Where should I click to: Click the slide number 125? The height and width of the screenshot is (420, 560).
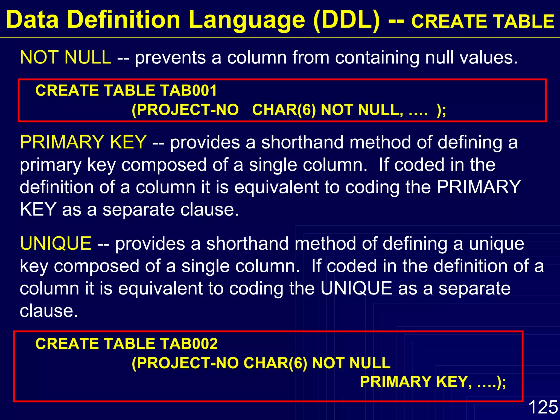pyautogui.click(x=543, y=407)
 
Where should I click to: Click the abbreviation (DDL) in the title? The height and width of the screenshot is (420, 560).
pyautogui.click(x=347, y=20)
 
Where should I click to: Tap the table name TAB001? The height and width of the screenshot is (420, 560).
pyautogui.click(x=189, y=91)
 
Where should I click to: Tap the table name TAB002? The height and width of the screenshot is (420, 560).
pyautogui.click(x=189, y=344)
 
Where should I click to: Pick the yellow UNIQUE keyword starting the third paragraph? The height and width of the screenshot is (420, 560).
pyautogui.click(x=56, y=243)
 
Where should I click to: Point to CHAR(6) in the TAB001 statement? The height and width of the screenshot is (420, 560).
pyautogui.click(x=284, y=110)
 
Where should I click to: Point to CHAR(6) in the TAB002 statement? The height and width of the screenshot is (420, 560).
pyautogui.click(x=275, y=363)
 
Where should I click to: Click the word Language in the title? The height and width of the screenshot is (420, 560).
pyautogui.click(x=247, y=20)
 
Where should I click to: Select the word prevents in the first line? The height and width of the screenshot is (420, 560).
pyautogui.click(x=170, y=58)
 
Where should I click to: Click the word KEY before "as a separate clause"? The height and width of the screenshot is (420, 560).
pyautogui.click(x=38, y=210)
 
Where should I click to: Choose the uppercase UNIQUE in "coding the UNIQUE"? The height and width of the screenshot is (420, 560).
pyautogui.click(x=356, y=288)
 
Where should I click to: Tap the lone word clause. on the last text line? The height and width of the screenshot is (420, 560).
pyautogui.click(x=49, y=311)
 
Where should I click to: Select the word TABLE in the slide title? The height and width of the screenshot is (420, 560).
pyautogui.click(x=525, y=22)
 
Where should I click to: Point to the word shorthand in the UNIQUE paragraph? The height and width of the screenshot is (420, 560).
pyautogui.click(x=247, y=243)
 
